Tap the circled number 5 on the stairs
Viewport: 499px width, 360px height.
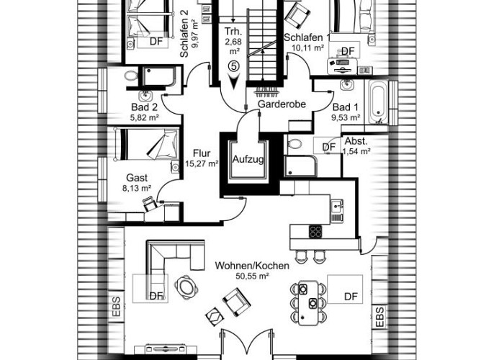point(233,66)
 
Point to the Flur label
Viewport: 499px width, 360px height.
point(202,153)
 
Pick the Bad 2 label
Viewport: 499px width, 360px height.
point(144,107)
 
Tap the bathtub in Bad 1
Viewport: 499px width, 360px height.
point(379,102)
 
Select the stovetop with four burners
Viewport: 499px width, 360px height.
point(316,232)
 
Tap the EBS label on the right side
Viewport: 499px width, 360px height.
point(379,315)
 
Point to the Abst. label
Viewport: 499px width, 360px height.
point(356,141)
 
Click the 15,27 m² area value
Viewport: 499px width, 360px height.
point(202,164)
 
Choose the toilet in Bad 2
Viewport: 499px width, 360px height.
point(131,75)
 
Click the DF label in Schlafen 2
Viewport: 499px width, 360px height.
point(156,42)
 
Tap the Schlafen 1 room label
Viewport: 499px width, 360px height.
point(307,38)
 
